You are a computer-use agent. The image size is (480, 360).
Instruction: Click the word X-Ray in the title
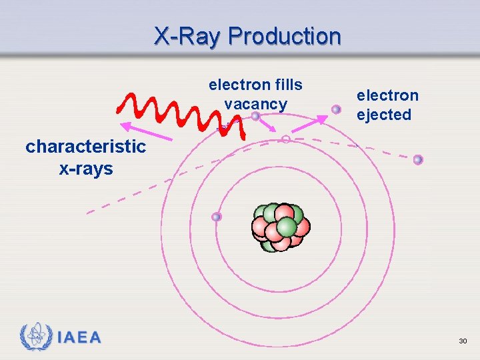189,36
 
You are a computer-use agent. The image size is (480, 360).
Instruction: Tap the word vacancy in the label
255,104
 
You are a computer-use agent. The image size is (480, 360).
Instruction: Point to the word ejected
384,115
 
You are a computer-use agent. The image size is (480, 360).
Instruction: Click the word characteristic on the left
85,147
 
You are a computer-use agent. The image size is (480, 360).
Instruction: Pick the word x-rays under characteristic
86,169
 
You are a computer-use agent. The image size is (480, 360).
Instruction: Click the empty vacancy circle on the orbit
285,139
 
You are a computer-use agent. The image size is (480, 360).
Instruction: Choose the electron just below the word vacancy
255,116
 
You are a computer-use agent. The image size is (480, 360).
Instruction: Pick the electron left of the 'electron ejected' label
337,109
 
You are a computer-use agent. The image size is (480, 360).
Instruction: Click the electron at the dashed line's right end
418,159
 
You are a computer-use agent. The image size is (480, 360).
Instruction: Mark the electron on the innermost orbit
216,217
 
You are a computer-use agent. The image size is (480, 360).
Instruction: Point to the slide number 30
463,341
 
